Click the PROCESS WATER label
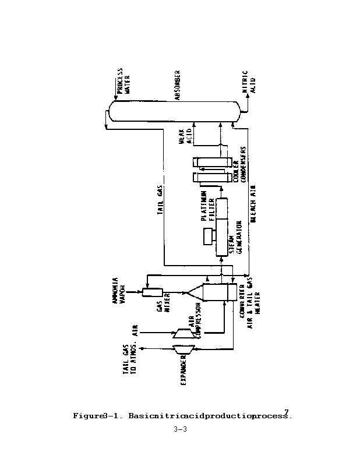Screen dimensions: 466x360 coord(124,84)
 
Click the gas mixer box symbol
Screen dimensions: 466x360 coord(154,291)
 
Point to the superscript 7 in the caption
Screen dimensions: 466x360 coord(286,411)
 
